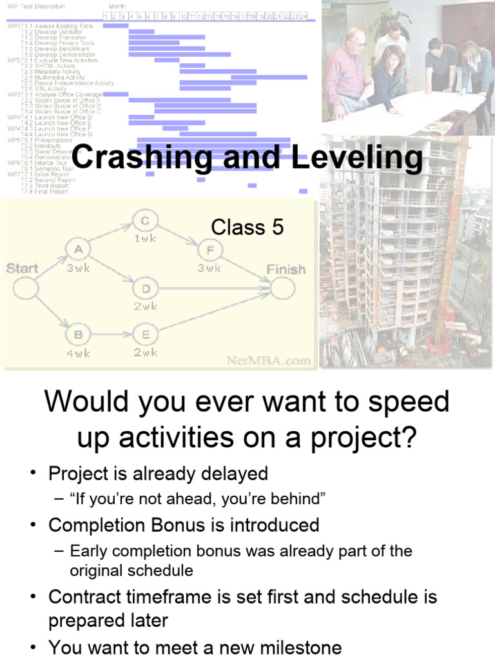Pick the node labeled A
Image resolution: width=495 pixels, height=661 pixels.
[x=79, y=249]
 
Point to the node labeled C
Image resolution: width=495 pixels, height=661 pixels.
[x=145, y=221]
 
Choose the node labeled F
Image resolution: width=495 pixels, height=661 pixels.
[x=209, y=249]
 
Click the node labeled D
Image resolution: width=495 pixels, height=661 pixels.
[x=145, y=288]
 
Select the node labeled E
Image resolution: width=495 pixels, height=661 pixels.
[x=145, y=334]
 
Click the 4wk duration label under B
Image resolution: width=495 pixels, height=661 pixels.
[x=79, y=353]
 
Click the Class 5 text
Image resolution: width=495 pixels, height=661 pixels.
[x=247, y=227]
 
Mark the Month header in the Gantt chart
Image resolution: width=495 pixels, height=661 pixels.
[x=117, y=6]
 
